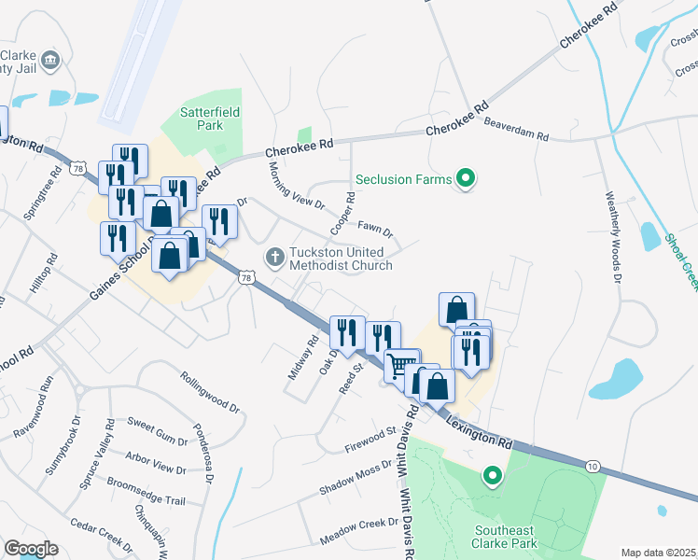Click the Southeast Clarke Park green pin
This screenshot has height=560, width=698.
(x=491, y=477)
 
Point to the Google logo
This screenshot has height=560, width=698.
(x=31, y=549)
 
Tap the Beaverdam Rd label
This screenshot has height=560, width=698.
(x=516, y=134)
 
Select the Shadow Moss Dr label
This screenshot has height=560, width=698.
(x=356, y=477)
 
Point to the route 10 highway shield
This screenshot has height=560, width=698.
(x=593, y=464)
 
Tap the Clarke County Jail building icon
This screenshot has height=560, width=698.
(x=51, y=61)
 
